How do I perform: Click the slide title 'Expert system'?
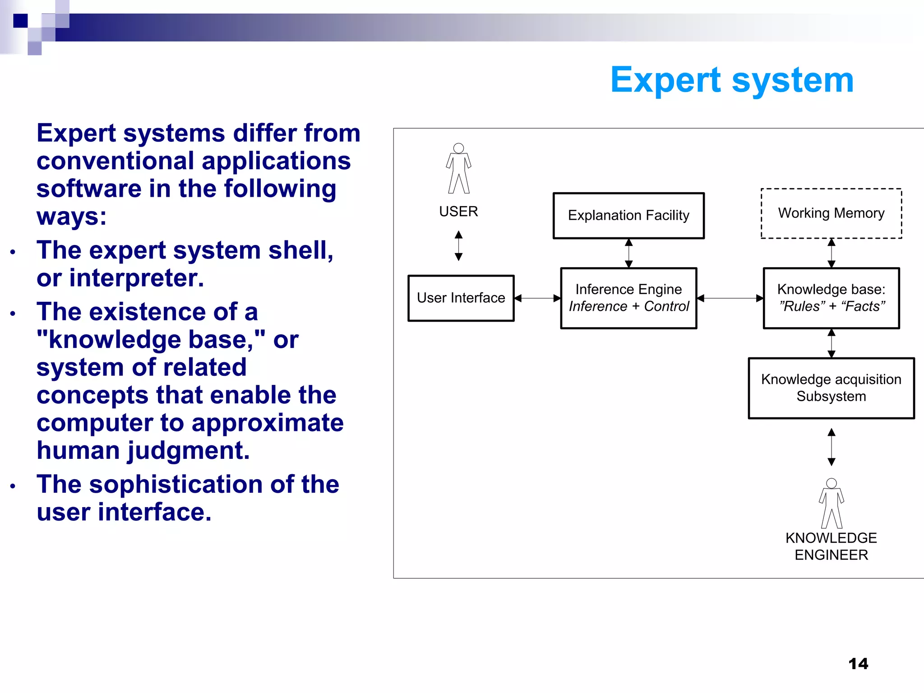pos(732,80)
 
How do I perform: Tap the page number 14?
pos(858,664)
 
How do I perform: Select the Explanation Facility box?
pos(628,216)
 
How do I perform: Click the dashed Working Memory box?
pos(831,213)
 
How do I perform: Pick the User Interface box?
pos(461,298)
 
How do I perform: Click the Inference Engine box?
pos(628,298)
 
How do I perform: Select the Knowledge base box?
pos(831,298)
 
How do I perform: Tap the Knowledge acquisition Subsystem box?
pos(831,388)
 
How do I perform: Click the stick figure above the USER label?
pos(458,169)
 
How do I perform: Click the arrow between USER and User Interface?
pos(458,246)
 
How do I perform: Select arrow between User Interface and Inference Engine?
pos(537,298)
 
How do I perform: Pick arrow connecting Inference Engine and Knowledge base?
pos(730,298)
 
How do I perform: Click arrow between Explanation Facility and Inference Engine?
pos(628,253)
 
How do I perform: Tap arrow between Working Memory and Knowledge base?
pos(832,253)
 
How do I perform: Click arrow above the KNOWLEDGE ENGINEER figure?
pos(832,447)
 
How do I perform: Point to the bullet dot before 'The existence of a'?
pos(13,314)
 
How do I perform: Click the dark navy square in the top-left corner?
pos(20,21)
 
